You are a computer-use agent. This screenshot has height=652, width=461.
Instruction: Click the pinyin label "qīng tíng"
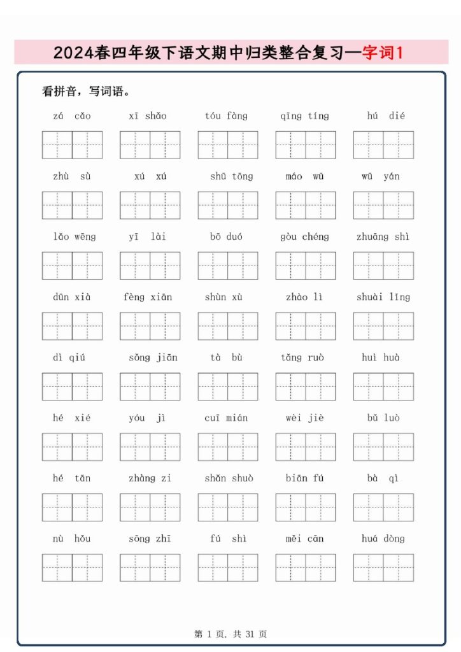pos(305,116)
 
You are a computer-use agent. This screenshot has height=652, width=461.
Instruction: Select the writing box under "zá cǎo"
pos(72,145)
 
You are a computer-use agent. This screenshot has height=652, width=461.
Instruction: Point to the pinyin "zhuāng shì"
pos(383,237)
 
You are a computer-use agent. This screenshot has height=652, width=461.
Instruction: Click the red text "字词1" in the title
pos(383,53)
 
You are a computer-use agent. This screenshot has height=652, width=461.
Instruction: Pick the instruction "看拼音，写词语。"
pos(86,92)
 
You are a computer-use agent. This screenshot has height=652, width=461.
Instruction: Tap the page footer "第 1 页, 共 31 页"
pos(230,634)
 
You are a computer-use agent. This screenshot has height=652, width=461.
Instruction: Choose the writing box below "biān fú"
pos(306,507)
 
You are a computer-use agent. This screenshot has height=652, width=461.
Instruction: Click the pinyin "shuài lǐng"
pos(383,297)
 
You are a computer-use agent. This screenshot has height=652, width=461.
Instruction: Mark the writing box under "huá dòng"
pos(383,568)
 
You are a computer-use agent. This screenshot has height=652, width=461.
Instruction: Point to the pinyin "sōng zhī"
pos(150,539)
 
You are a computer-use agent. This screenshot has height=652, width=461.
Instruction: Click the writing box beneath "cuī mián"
pos(228,447)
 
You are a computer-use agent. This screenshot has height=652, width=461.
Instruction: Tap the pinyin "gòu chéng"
pos(305,237)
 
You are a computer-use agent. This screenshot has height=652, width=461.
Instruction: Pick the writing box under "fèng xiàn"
pos(150,326)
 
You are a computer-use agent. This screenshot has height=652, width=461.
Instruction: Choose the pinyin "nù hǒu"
pos(71,539)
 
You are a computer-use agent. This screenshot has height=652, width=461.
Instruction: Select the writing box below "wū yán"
pos(383,206)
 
